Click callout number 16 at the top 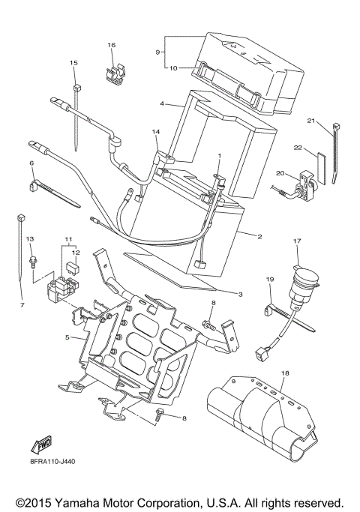point(111,46)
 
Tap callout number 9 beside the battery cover point(158,52)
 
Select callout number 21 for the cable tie point(310,120)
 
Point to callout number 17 point(297,241)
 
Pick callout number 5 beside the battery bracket point(67,337)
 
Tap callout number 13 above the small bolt point(31,238)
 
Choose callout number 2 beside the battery point(259,237)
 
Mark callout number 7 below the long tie point(22,305)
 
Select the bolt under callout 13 point(33,261)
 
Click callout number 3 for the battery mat point(240,294)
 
